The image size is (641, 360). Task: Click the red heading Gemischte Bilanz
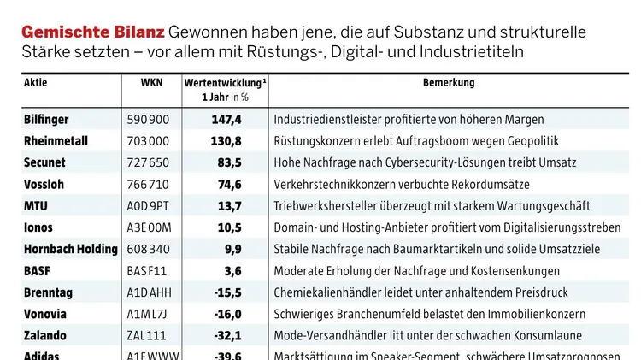[x=93, y=32]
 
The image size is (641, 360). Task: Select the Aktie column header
[x=36, y=84]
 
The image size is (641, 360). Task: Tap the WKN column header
[x=150, y=84]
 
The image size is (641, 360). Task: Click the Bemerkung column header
[x=449, y=84]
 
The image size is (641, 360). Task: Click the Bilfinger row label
[x=46, y=120]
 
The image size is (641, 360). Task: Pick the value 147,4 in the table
[x=226, y=120]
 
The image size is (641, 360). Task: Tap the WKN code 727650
[x=148, y=162]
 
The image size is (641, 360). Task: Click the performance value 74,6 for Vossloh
[x=229, y=184]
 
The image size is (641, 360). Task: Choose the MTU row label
[x=36, y=206]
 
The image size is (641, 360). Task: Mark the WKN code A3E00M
[x=149, y=227]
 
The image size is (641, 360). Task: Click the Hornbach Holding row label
[x=71, y=249]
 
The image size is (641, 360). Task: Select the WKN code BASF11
[x=146, y=271]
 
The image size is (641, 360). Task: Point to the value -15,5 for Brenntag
[x=227, y=292]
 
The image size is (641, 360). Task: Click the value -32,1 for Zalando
[x=227, y=335]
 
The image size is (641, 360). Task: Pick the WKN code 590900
[x=148, y=120]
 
